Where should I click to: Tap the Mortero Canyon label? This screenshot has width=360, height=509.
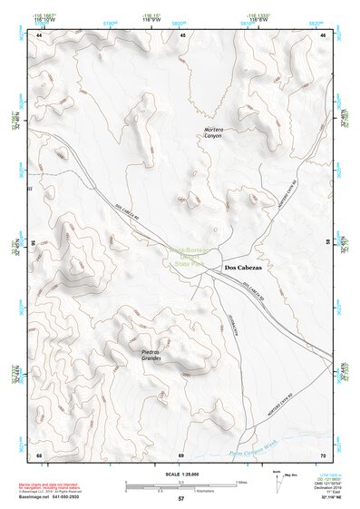point(213,132)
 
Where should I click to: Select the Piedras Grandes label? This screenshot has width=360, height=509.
point(151,355)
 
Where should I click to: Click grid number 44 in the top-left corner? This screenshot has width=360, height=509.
point(39,34)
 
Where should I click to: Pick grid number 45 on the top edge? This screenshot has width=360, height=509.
point(183,34)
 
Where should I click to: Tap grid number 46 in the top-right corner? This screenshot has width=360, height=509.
point(325,34)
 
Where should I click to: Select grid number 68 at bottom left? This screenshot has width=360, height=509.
point(39,454)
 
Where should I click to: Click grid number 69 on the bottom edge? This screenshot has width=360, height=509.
point(181,454)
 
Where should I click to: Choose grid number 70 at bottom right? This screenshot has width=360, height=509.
point(324,454)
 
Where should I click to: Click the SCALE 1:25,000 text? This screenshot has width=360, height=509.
point(180,472)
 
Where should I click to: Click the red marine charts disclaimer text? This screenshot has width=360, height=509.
point(54,486)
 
